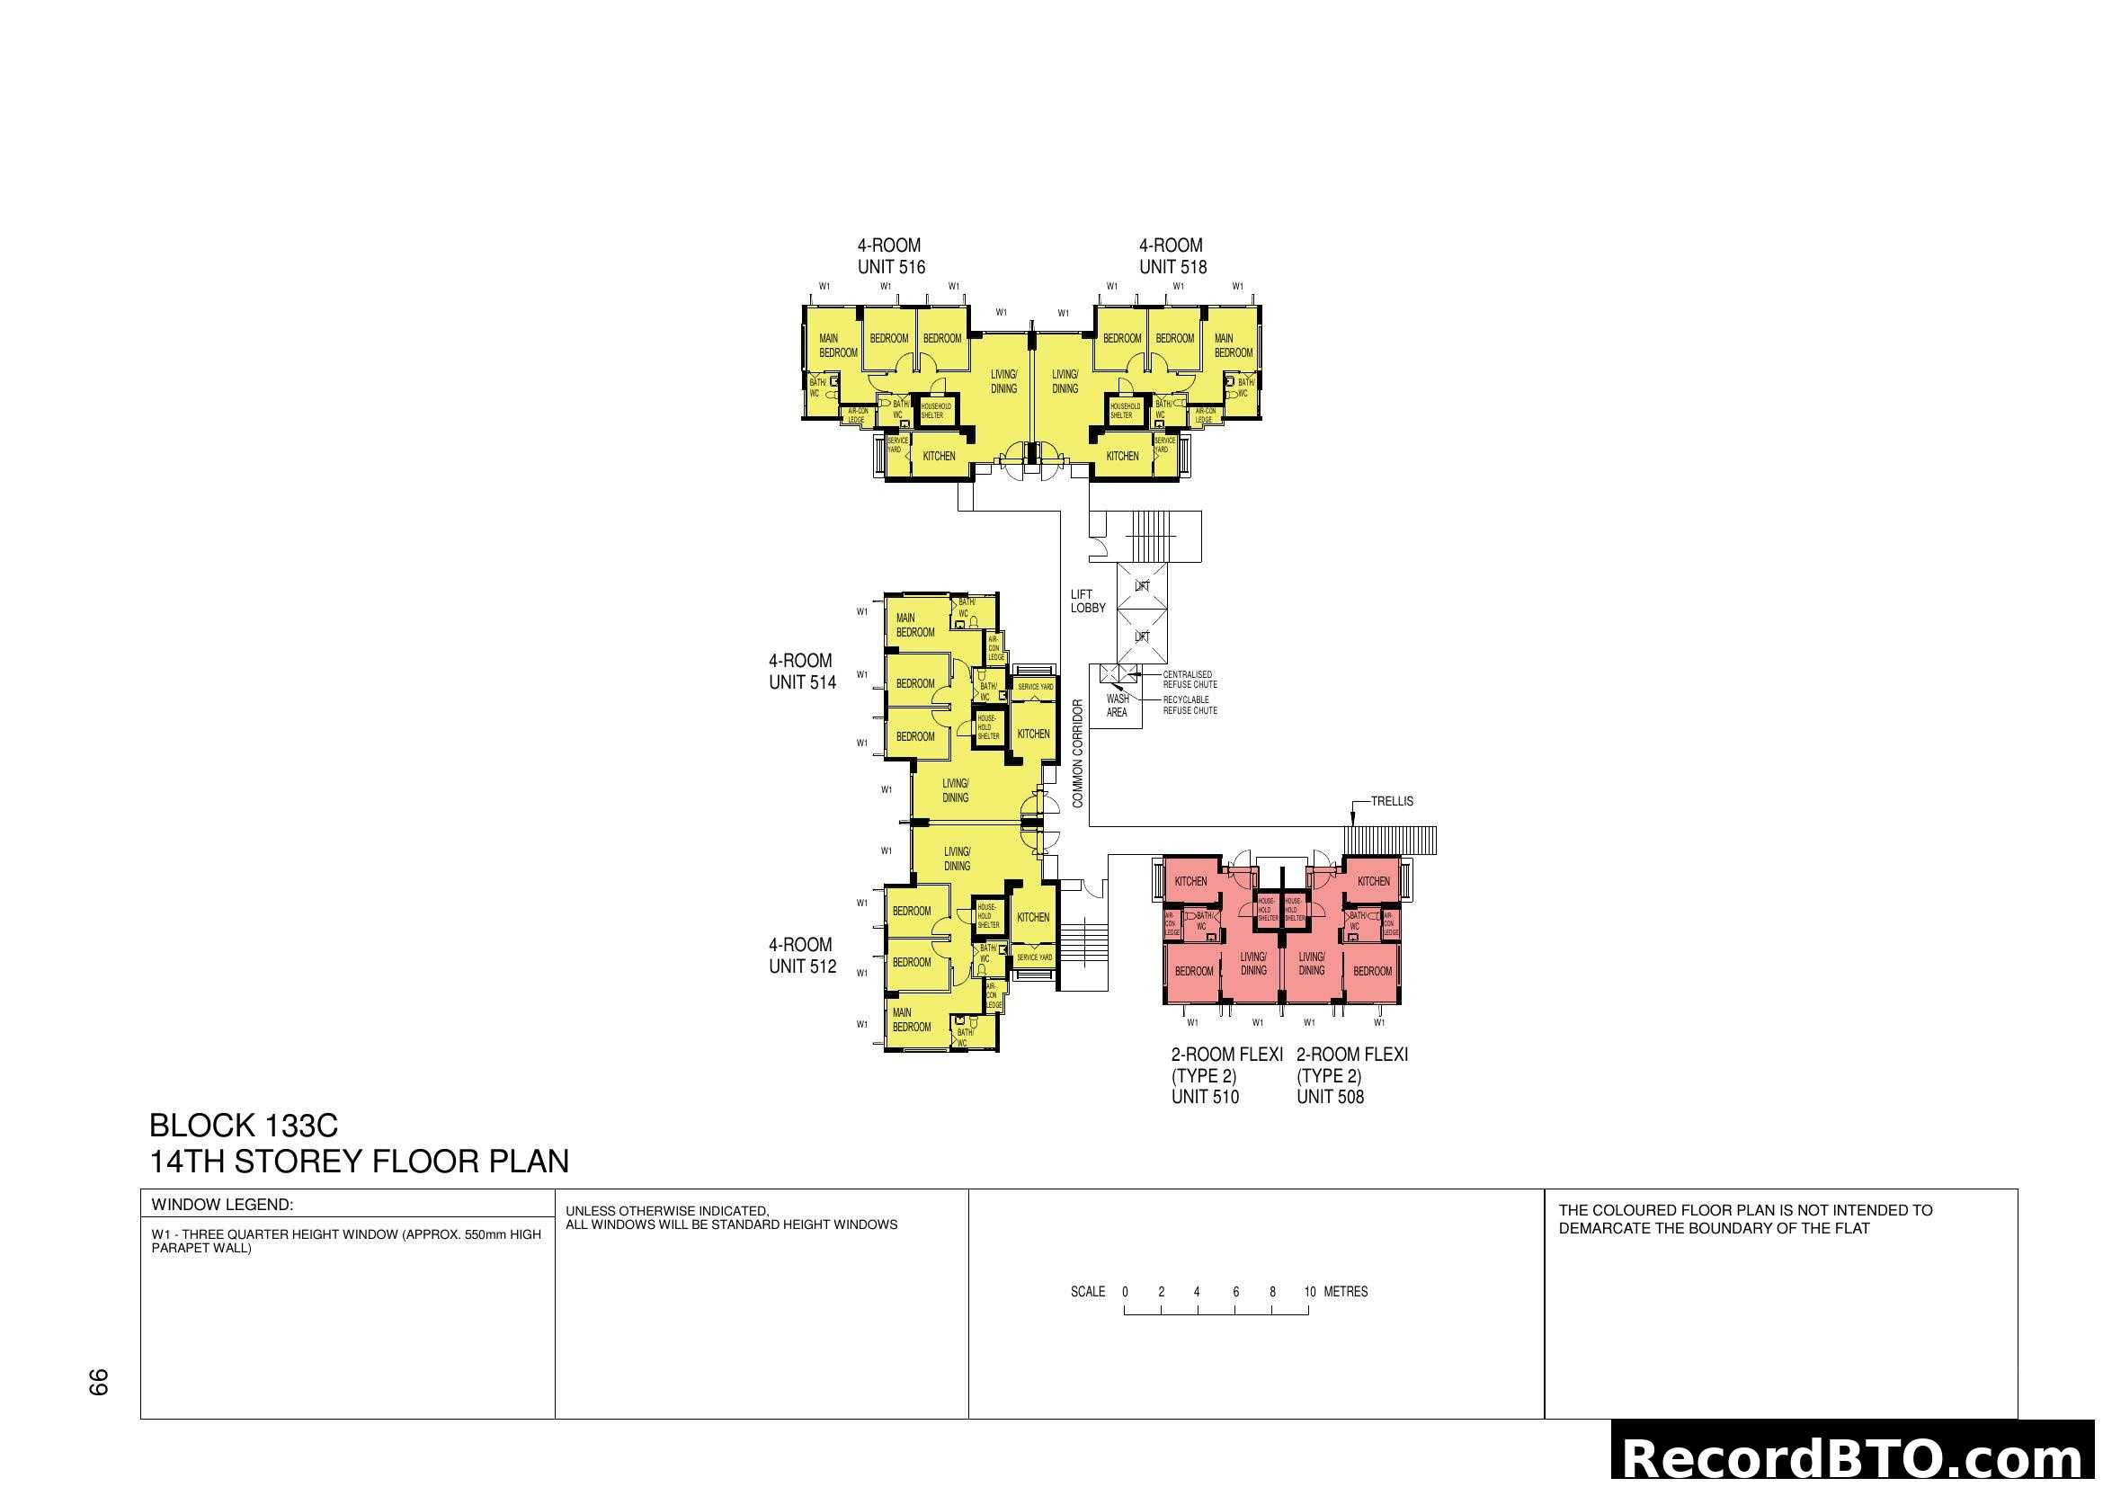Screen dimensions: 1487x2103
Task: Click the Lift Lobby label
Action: tap(1087, 601)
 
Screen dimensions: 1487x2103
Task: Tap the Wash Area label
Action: tap(1117, 705)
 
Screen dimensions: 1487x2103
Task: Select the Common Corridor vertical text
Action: tap(1077, 753)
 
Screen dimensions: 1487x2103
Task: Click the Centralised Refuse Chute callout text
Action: tap(1190, 680)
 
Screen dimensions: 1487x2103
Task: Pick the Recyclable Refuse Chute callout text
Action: tap(1190, 705)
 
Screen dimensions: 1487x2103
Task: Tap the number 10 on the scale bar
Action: tap(1309, 1292)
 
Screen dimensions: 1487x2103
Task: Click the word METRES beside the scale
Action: tap(1346, 1292)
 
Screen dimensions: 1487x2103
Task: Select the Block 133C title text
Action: tap(244, 1126)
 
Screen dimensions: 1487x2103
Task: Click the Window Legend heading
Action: tap(223, 1205)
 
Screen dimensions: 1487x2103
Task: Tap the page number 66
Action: tap(98, 1382)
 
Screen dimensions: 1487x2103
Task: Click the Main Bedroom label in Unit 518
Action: tap(1233, 345)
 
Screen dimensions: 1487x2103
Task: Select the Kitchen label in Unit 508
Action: tap(1373, 881)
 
